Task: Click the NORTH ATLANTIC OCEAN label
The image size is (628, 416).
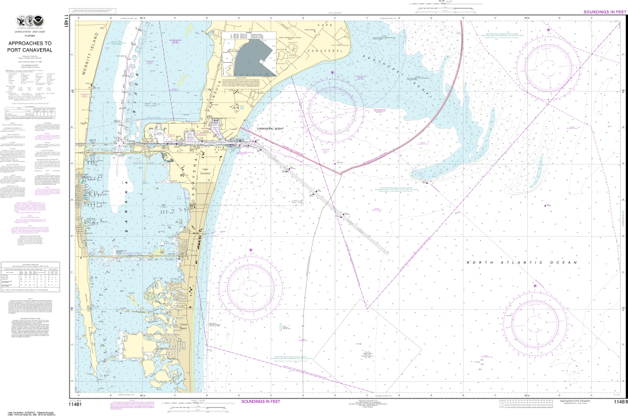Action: click(x=520, y=263)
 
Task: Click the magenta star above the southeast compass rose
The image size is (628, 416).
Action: click(x=534, y=286)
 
